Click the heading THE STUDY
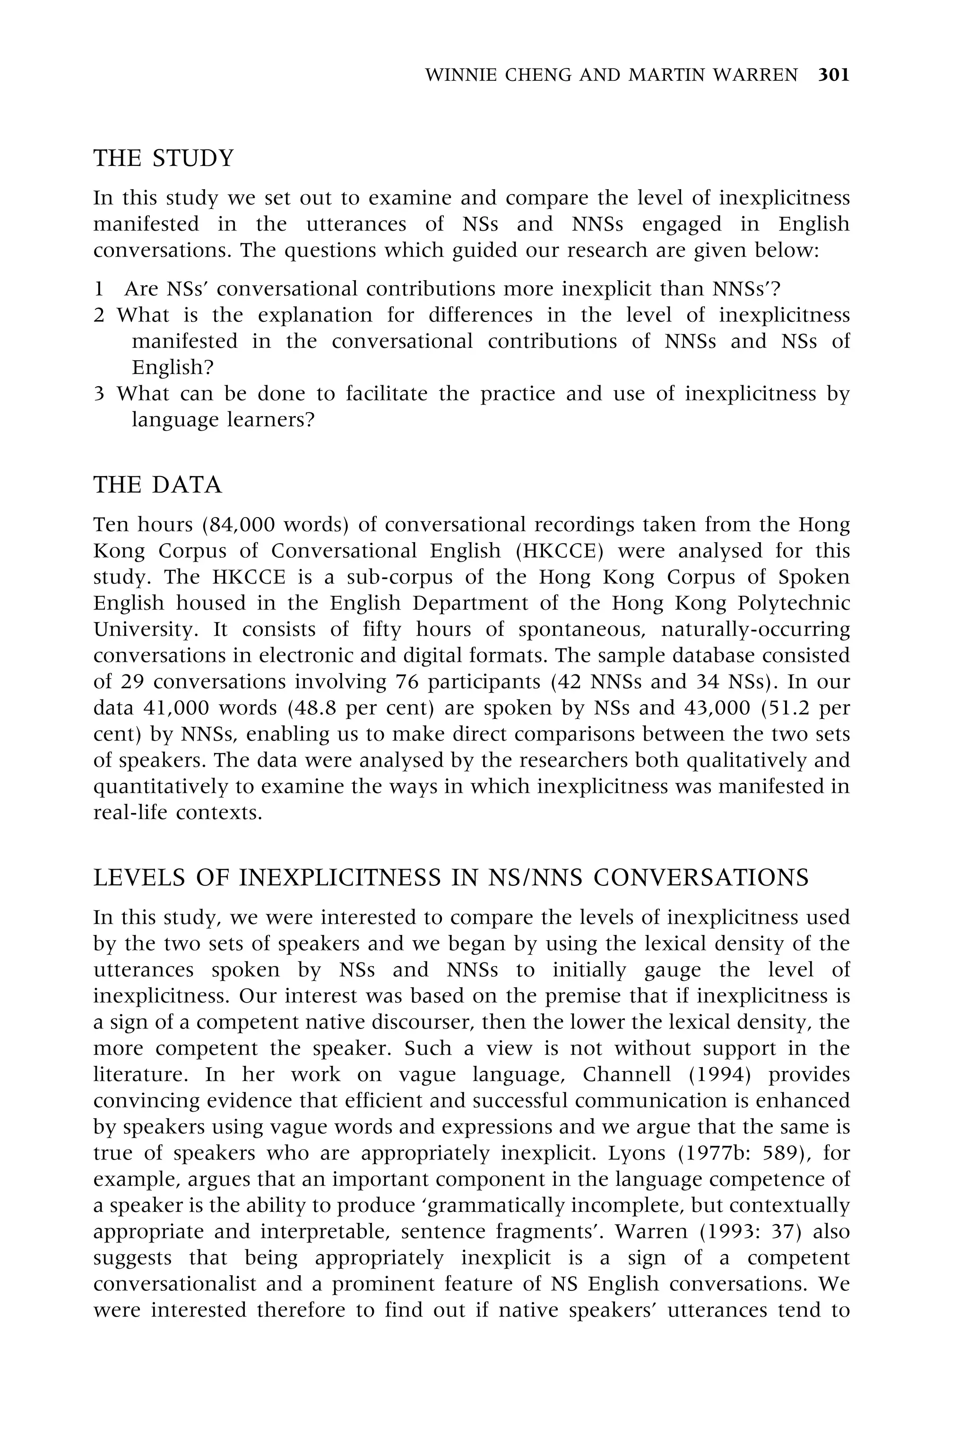pos(164,159)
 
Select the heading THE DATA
pos(157,485)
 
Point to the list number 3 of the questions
pos(99,394)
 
